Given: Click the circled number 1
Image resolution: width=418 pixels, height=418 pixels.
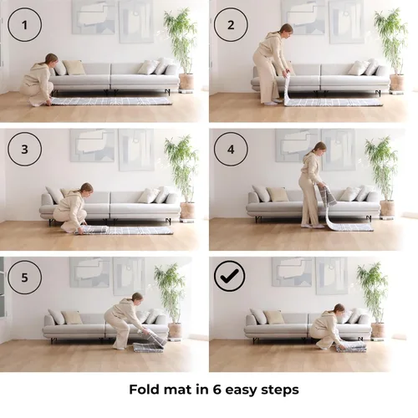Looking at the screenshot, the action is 24,25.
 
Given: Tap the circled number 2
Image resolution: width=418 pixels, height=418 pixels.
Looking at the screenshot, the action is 231,25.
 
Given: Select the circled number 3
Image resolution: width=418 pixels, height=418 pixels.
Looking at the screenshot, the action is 24,149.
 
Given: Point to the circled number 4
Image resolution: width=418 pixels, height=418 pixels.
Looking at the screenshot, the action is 231,149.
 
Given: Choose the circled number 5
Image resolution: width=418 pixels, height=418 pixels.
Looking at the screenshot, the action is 24,278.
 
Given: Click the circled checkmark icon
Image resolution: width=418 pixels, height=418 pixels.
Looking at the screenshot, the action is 229,276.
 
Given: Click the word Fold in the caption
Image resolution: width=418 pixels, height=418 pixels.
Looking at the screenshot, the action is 145,389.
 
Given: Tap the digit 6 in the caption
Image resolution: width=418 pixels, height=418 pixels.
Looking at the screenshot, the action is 217,390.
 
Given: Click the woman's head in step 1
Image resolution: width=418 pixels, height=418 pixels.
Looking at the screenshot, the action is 51,59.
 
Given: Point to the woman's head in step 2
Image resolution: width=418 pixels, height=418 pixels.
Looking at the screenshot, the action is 287,29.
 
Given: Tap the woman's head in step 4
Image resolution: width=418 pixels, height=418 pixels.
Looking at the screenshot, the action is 320,148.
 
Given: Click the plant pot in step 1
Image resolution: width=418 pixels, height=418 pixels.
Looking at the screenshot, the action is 186,81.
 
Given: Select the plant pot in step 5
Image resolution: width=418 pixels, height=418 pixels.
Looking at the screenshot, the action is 175,330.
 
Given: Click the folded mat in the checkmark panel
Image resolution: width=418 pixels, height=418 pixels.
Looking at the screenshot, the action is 351,347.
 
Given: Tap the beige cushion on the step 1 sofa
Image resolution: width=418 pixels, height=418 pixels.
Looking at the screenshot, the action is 74,68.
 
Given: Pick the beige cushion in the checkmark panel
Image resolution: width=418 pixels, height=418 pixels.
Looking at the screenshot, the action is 273,317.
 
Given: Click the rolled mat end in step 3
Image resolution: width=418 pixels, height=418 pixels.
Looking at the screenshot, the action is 94,229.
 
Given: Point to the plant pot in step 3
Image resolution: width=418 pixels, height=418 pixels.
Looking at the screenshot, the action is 187,211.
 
